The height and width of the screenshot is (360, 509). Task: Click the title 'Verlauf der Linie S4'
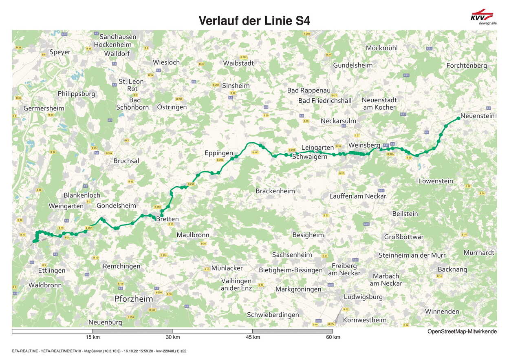coord(254,20)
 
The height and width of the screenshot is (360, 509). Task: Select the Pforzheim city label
coord(134,299)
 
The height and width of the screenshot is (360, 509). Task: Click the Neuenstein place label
coord(478,116)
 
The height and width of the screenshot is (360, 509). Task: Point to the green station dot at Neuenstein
coord(458,118)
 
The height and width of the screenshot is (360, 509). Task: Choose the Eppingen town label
coord(219,153)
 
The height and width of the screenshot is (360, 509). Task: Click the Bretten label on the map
coord(168,219)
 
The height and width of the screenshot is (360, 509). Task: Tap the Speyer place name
coord(60,52)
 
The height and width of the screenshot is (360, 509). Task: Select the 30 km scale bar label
coord(173,337)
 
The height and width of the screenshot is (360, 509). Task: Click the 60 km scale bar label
coord(333,337)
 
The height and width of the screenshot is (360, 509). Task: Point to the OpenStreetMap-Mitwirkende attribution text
coord(462,331)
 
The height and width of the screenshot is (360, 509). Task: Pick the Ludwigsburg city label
coord(363,297)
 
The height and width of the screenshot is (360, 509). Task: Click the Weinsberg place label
coord(364,145)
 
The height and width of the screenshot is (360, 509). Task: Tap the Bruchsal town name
coord(126,161)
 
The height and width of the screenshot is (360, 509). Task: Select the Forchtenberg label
coord(467,66)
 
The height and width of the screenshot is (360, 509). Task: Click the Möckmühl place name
coord(381,48)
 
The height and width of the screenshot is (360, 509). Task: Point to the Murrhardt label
coord(479,253)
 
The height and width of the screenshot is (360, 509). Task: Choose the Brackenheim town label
coord(275,191)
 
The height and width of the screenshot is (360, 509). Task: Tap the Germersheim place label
coord(44,108)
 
